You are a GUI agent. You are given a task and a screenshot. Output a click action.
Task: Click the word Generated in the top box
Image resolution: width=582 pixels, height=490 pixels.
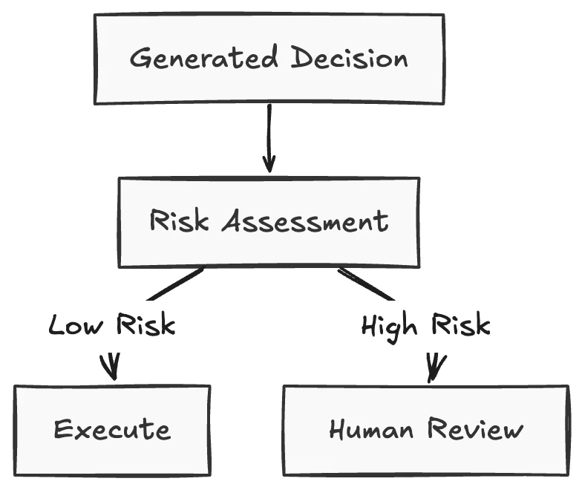tap(203, 57)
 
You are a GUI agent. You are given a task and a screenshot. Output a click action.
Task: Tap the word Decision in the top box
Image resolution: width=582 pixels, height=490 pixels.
tap(349, 58)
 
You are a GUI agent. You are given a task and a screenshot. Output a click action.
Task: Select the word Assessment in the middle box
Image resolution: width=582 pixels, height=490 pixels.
tap(305, 221)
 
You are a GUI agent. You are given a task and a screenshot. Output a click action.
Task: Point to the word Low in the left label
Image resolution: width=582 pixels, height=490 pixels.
tap(76, 325)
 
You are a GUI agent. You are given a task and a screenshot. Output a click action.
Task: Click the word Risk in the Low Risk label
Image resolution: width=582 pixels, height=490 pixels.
tap(145, 324)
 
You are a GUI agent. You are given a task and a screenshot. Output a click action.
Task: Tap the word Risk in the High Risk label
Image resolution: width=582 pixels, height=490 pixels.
tap(460, 324)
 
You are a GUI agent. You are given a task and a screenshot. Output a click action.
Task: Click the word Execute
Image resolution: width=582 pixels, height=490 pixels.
tap(113, 429)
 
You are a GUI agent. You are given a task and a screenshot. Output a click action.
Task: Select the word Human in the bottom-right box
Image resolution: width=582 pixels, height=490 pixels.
tap(371, 429)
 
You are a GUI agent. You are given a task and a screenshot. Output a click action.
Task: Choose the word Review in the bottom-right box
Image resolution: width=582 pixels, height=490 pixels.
tap(475, 429)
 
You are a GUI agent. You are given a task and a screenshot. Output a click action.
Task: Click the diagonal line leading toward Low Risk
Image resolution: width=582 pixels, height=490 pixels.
tap(175, 284)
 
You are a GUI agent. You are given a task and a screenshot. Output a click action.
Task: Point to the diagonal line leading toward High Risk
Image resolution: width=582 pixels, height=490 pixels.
tap(366, 284)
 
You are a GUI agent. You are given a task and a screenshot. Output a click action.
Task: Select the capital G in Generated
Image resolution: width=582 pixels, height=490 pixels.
tap(141, 58)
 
